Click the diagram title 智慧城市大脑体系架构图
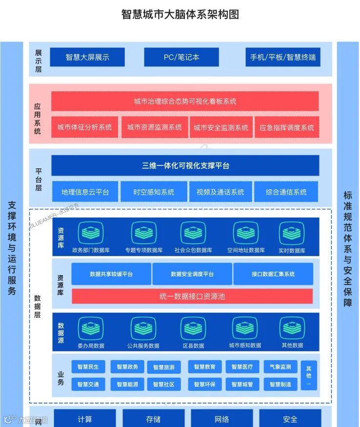[180, 15]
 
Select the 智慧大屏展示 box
[87, 57]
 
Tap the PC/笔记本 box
[181, 57]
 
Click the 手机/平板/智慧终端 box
[283, 57]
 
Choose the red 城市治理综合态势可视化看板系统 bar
[185, 102]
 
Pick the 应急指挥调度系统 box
[287, 127]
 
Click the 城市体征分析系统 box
[84, 127]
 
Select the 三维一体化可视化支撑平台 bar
[185, 165]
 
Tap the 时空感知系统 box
[154, 192]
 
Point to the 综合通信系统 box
[286, 192]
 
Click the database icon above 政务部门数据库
[91, 232]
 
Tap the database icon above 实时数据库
[291, 232]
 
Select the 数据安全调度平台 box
[192, 274]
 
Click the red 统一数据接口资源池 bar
[192, 296]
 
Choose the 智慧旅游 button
[164, 367]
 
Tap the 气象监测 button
[280, 367]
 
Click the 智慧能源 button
[127, 384]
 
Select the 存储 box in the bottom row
[153, 419]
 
